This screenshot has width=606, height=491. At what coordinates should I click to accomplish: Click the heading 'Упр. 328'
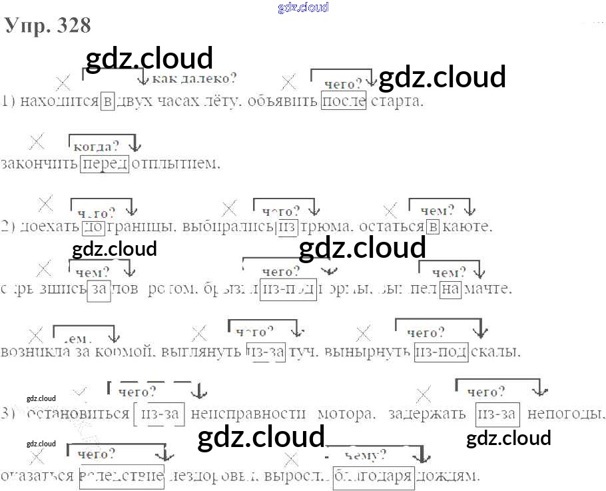tap(47, 25)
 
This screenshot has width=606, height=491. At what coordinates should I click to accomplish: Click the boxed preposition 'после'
tap(344, 102)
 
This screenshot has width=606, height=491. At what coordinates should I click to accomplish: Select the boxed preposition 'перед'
tap(105, 163)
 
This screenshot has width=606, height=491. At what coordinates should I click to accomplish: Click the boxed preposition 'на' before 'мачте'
tap(451, 289)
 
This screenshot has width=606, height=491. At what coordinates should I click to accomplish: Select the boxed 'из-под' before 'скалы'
tap(440, 351)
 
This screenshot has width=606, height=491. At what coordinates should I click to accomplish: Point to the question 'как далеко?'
tap(194, 79)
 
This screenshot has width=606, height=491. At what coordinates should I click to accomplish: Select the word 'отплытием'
tap(176, 163)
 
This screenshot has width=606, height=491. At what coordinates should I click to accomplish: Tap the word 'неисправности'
tap(241, 414)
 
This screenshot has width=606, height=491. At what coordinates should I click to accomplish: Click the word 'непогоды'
tap(566, 414)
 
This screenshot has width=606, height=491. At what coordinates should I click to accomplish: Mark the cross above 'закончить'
tap(37, 141)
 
